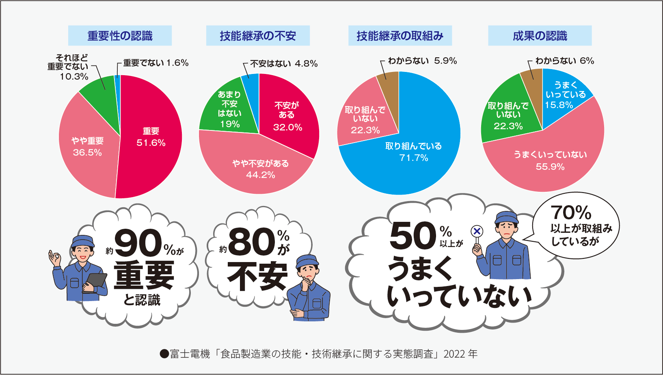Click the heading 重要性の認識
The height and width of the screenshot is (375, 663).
click(120, 36)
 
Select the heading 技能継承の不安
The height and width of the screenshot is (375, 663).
click(258, 36)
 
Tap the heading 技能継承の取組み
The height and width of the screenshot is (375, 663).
click(400, 36)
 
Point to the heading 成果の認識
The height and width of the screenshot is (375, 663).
click(540, 36)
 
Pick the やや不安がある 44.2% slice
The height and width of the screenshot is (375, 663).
click(257, 166)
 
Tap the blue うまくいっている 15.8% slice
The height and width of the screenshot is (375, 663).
click(562, 92)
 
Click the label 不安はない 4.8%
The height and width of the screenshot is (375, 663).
click(284, 64)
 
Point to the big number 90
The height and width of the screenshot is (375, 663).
click(138, 243)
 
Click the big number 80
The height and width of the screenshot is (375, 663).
click(252, 241)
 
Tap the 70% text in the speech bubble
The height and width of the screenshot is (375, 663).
click(571, 212)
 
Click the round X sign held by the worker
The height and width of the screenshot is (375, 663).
click(477, 231)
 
